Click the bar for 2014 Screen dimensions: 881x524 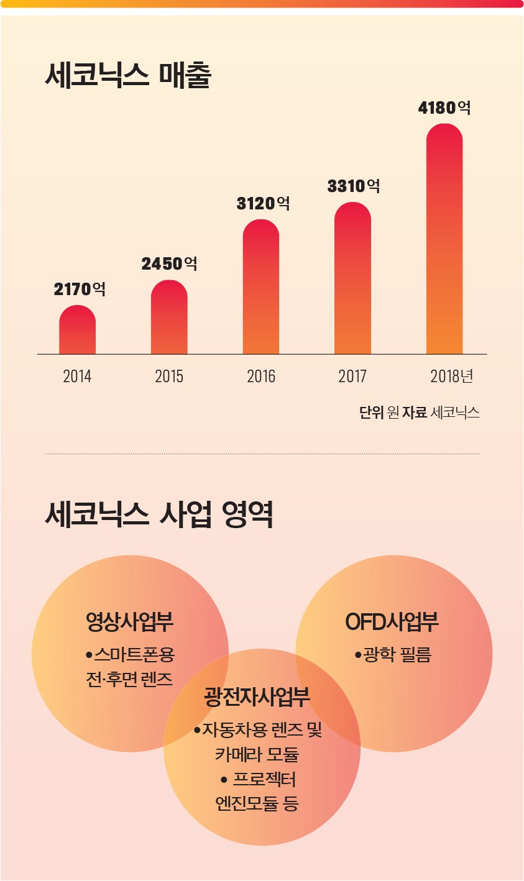coord(78,331)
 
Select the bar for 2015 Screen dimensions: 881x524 coord(169,318)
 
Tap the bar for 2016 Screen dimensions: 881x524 coord(261,288)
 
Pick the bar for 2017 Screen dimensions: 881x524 coord(352,279)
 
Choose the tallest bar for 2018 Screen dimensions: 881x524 coord(444,240)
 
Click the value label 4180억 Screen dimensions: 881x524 coord(444,108)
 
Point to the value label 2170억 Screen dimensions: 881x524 coord(79,289)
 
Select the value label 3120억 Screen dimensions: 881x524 coord(263,203)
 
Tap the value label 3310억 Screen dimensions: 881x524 coord(354,186)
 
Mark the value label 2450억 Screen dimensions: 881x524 coord(169,263)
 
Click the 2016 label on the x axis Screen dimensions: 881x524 coord(261,377)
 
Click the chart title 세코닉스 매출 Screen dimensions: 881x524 coord(128,76)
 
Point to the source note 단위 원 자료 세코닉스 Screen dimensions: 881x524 coord(419,413)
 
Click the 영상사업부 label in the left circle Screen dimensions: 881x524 coord(130,621)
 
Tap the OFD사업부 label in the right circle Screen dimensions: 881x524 coord(392,621)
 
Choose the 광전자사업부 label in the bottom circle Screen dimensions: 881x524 coord(257,697)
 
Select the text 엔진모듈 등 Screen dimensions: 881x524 coord(257,803)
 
